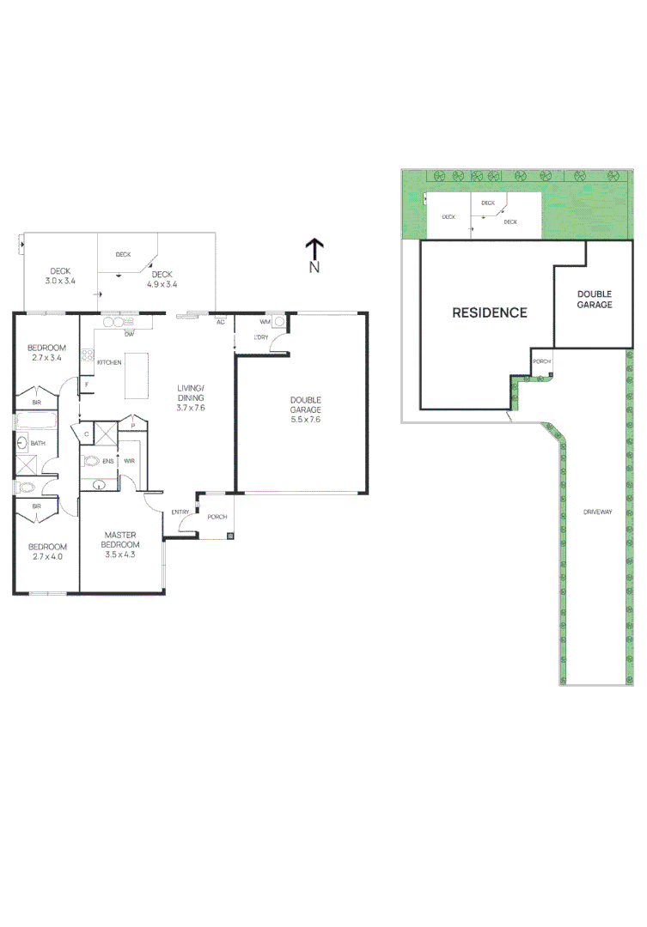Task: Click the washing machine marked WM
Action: pos(279,322)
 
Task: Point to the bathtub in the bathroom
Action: pos(36,421)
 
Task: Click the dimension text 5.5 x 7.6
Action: pos(305,420)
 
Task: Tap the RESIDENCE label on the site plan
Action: pos(489,312)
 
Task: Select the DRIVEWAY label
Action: pos(597,512)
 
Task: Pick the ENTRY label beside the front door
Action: pos(180,512)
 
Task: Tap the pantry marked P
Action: pos(132,424)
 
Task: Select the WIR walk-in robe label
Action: pos(129,461)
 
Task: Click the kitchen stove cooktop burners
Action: pos(87,354)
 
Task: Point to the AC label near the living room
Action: pos(221,322)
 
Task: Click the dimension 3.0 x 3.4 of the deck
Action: pos(59,282)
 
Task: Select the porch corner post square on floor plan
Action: pos(229,536)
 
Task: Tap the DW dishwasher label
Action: pos(128,333)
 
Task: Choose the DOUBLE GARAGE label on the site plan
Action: pos(594,299)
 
